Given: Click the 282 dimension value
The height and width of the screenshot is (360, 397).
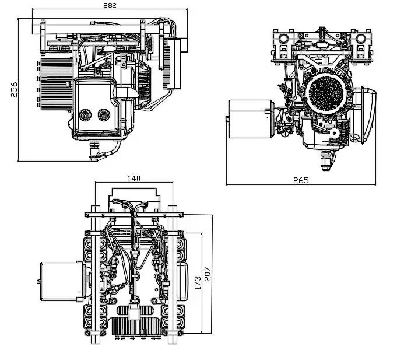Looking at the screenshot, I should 110,5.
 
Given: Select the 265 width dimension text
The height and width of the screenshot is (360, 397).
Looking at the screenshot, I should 301,180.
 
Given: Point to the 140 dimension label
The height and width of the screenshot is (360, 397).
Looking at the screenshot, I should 134,179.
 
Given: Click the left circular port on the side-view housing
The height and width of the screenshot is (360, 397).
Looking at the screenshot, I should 86,115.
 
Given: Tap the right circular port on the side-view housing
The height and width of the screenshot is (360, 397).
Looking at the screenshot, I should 105,115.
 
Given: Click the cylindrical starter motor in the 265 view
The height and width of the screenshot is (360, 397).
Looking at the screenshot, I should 250,119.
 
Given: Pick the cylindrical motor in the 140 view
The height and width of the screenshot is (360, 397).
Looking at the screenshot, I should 57,281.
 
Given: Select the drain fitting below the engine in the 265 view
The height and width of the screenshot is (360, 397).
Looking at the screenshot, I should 326,156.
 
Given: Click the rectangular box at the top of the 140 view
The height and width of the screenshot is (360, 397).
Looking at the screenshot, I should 133,197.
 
